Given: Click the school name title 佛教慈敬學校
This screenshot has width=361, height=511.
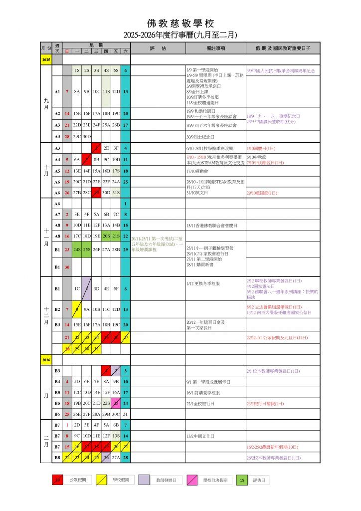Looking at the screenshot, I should click(x=180, y=23).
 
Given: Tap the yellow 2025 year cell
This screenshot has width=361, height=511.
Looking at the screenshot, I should click(x=46, y=59).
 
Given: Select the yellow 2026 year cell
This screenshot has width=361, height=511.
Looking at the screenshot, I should click(x=46, y=359).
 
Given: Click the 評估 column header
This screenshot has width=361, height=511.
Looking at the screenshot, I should click(x=158, y=48).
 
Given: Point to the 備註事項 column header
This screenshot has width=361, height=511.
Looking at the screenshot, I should click(x=215, y=48).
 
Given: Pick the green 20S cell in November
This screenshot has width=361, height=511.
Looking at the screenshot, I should click(x=106, y=236).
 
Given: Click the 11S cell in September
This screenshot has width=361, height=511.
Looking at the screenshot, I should click(x=106, y=92).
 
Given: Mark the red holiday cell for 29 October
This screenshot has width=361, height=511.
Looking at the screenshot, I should click(x=96, y=192).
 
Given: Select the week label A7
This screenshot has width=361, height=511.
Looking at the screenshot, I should click(x=57, y=214).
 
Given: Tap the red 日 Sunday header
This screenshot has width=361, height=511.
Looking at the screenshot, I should click(x=67, y=51).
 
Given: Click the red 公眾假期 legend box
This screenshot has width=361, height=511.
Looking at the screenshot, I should click(x=58, y=480).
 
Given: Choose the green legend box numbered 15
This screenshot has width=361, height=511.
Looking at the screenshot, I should click(x=242, y=480).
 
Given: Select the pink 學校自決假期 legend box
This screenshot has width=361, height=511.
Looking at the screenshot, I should click(x=192, y=480).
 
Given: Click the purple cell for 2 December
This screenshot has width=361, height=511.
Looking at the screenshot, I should click(x=87, y=288).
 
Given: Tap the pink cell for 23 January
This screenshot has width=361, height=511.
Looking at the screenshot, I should click(x=116, y=403).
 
